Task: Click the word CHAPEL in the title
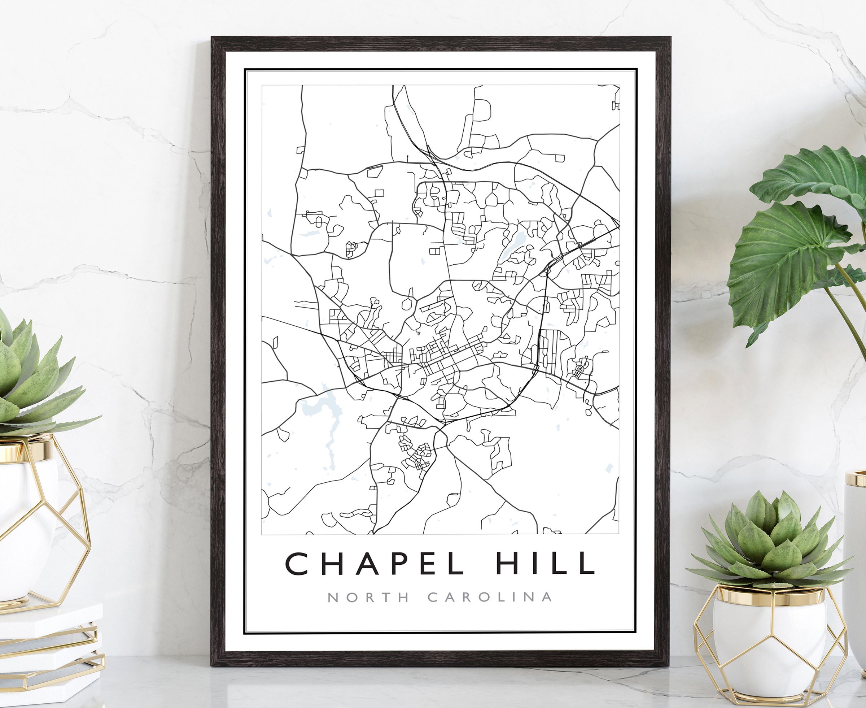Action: coord(374,563)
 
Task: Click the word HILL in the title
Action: coord(544,563)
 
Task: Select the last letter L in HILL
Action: coord(587,563)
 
